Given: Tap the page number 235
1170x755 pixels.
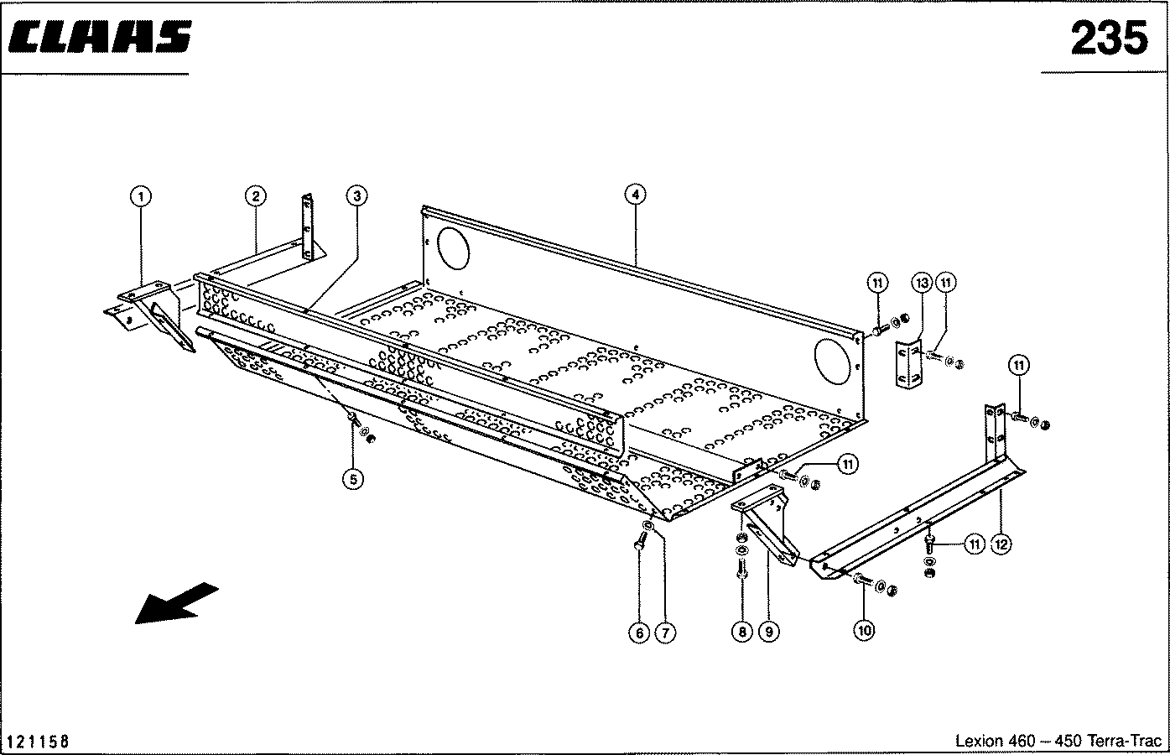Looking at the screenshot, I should click(x=1108, y=38).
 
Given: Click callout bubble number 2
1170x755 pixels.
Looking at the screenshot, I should click(x=255, y=196).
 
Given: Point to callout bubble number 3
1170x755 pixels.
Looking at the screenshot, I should click(x=356, y=196).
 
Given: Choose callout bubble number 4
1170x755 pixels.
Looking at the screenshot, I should click(x=636, y=195).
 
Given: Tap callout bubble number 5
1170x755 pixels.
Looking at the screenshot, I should click(x=353, y=479).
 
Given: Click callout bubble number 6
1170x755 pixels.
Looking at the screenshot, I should click(x=639, y=633).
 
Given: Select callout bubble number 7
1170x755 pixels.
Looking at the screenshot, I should click(x=664, y=633).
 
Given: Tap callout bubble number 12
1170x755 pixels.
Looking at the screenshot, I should click(x=1000, y=544).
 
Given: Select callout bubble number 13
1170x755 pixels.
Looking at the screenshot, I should click(x=922, y=283).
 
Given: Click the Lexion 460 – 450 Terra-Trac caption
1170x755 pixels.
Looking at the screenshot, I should click(x=1058, y=742).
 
